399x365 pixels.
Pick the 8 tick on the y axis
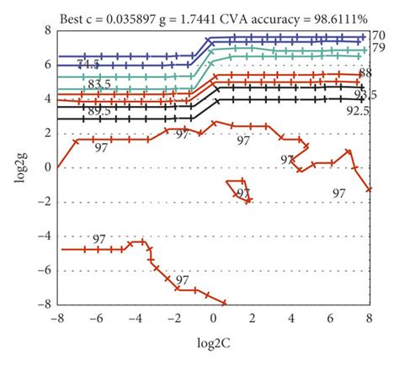[x=47, y=29]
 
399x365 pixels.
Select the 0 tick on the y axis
[x=47, y=167]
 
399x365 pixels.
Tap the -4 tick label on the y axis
[x=45, y=235]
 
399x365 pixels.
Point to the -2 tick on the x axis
[x=174, y=319]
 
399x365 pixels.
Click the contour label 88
[x=364, y=73]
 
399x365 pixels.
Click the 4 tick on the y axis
[x=47, y=98]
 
